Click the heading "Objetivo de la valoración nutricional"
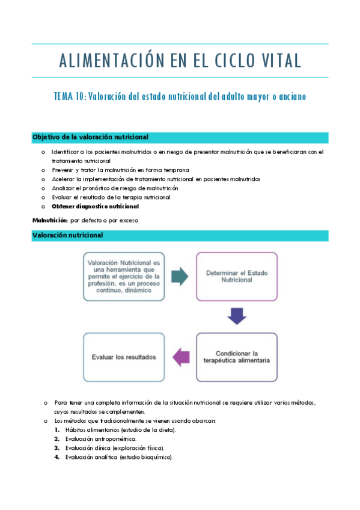pos(90,137)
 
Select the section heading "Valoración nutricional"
pos(67,235)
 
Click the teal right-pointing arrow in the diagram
pos(180,276)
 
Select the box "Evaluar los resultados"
pos(124,357)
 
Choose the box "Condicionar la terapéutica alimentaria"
pos(237,357)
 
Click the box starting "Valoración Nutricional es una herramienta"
pos(124,276)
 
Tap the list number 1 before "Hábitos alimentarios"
pos(56,430)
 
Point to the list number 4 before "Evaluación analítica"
pos(56,457)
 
